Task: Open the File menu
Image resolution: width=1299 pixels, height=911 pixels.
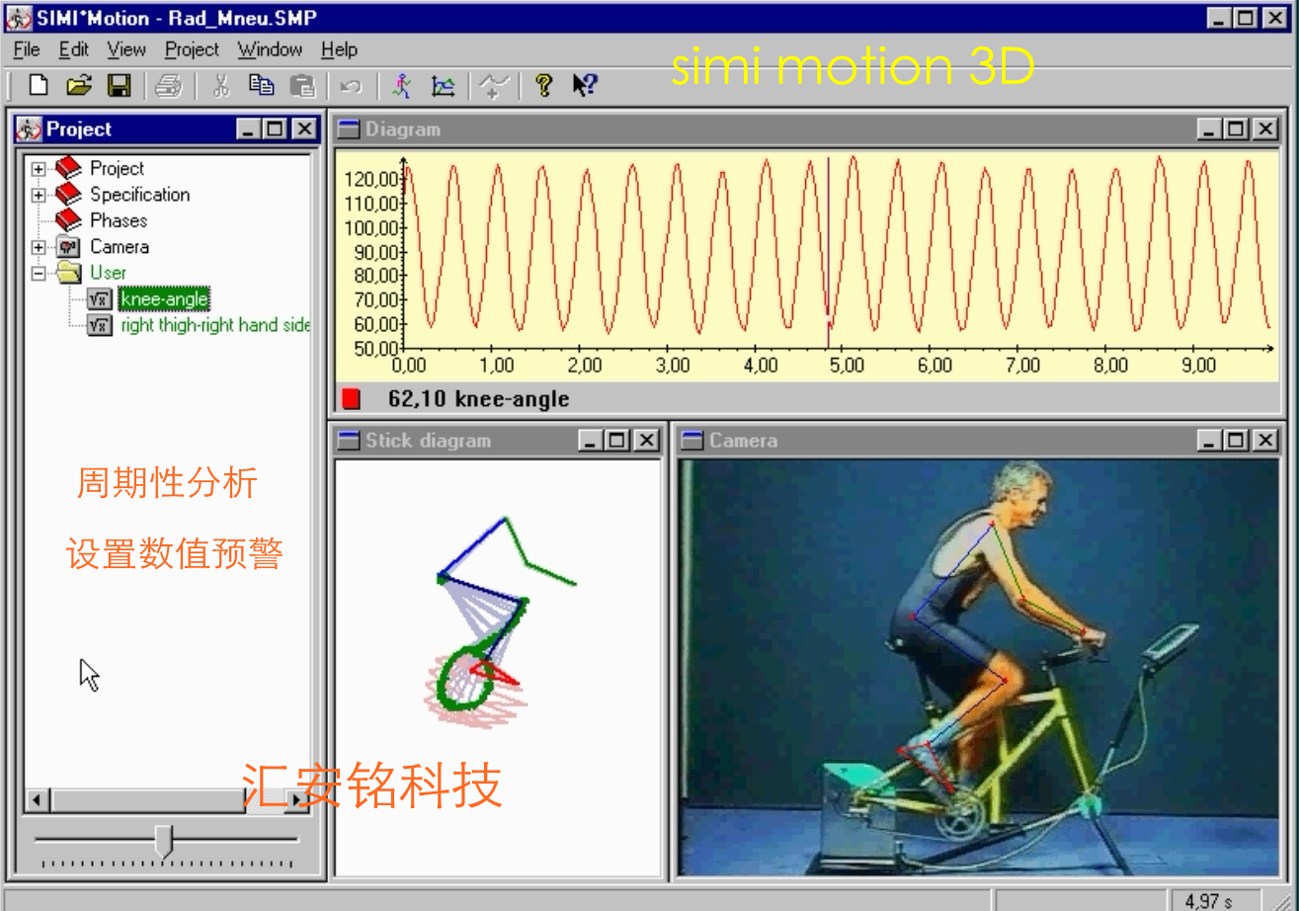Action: pos(27,49)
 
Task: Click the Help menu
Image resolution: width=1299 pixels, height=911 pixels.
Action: pos(339,49)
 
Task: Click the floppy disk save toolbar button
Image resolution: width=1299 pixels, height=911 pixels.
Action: pos(119,86)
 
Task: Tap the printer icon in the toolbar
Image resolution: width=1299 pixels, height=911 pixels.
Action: pos(169,86)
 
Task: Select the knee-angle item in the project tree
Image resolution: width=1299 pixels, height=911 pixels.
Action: pos(164,298)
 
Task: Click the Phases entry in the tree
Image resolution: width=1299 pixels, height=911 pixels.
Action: pos(119,220)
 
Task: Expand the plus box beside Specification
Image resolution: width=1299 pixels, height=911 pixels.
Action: pos(39,195)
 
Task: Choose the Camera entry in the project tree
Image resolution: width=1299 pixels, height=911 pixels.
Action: pos(120,246)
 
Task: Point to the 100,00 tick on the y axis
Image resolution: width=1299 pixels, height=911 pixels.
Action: pos(371,228)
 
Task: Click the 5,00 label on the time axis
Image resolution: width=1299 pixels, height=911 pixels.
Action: pos(847,366)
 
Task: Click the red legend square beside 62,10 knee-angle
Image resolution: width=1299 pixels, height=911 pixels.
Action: pos(351,399)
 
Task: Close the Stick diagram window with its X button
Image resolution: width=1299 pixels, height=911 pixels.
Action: pos(647,441)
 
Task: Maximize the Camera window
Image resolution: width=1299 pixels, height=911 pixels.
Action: pos(1236,441)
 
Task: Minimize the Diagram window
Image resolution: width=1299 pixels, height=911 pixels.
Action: pos(1208,128)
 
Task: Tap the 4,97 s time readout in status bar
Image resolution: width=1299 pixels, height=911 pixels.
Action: pos(1208,901)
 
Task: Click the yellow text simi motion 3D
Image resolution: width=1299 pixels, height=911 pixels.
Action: pos(853,66)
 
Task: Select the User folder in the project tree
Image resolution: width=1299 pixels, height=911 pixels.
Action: pos(108,273)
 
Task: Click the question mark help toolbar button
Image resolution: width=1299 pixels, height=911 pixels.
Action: pos(543,86)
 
